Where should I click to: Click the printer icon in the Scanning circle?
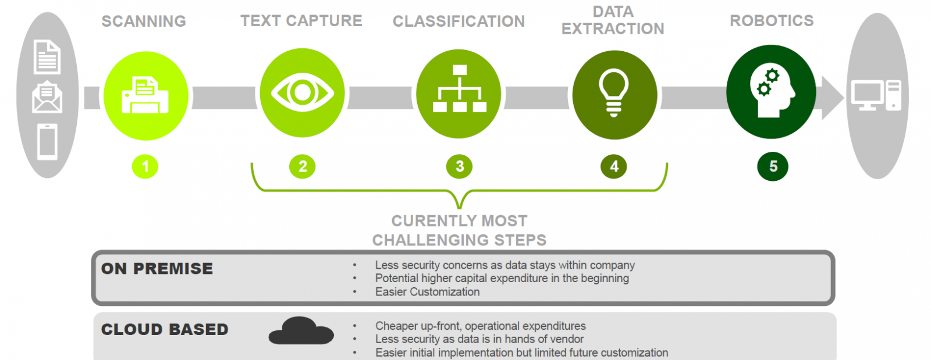[x=145, y=95]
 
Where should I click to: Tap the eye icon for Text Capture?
[x=302, y=92]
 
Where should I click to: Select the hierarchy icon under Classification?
[x=459, y=90]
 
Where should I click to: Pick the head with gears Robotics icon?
[x=771, y=92]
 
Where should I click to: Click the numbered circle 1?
[x=145, y=167]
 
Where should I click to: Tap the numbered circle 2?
[x=303, y=167]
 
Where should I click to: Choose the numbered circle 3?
[x=460, y=167]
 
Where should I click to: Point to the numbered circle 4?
[x=614, y=167]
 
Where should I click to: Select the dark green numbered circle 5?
[x=773, y=167]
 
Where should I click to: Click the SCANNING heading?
[x=144, y=22]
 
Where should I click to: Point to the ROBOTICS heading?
[x=772, y=21]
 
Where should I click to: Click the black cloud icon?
[x=301, y=331]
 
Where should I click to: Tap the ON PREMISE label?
[x=157, y=269]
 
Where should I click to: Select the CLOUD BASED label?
[x=165, y=330]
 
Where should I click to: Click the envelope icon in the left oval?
[x=47, y=98]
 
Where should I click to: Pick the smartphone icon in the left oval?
[x=47, y=141]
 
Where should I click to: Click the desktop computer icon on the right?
[x=876, y=95]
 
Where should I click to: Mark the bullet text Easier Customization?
[x=427, y=292]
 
